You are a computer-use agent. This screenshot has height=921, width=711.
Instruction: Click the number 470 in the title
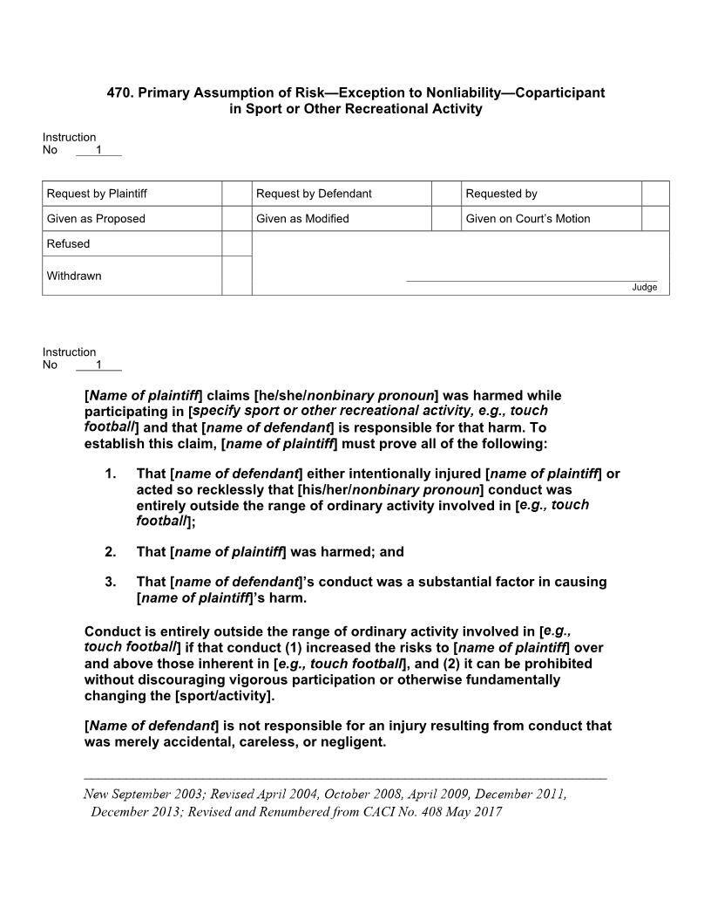pyautogui.click(x=118, y=92)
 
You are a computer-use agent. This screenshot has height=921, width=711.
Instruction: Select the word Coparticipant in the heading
pyautogui.click(x=559, y=92)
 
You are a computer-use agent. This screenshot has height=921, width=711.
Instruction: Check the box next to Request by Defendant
pyautogui.click(x=446, y=194)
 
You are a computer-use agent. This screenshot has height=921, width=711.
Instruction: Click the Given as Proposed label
pyautogui.click(x=96, y=219)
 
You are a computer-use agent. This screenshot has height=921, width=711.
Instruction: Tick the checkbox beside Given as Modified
pyautogui.click(x=446, y=219)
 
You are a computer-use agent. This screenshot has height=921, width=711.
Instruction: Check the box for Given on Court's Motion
pyautogui.click(x=655, y=219)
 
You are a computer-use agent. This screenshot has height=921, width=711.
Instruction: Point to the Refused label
pyautogui.click(x=68, y=244)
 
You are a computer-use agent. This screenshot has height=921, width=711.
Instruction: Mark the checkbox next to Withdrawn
pyautogui.click(x=236, y=276)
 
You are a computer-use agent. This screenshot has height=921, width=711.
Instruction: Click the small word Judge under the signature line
pyautogui.click(x=644, y=288)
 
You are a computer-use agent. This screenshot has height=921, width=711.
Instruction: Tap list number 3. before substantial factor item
pyautogui.click(x=110, y=582)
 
